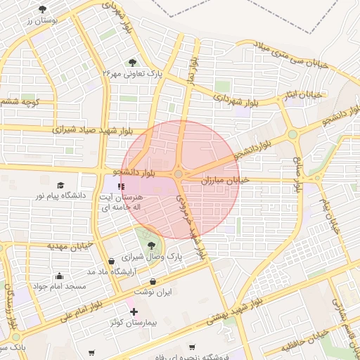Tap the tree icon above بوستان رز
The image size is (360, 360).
tap(43, 9)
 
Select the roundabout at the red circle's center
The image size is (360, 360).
tap(179, 174)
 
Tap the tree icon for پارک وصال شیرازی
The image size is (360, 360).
tap(152, 245)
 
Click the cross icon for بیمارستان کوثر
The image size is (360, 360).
tap(134, 311)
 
